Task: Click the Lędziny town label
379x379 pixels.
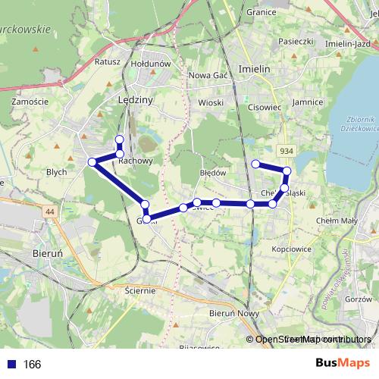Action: point(136,100)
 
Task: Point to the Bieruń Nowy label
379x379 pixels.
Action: point(234,312)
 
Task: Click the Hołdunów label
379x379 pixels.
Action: point(151,64)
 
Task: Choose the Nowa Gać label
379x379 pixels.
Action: point(208,75)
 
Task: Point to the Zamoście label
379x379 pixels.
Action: point(31,101)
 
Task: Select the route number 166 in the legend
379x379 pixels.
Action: point(33,365)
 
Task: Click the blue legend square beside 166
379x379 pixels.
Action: point(12,365)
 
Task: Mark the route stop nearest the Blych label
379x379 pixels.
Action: point(92,161)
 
